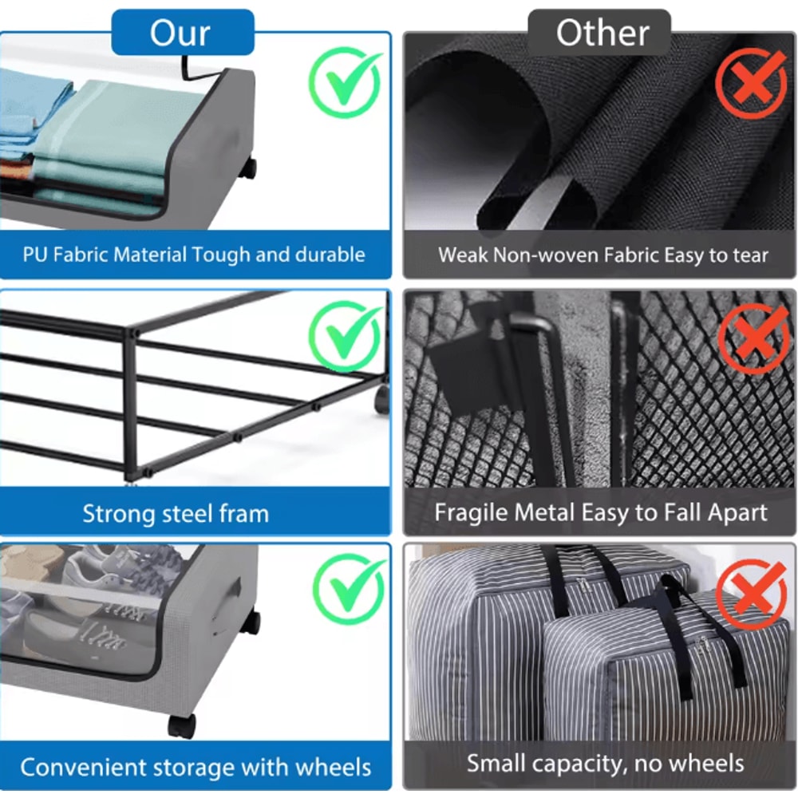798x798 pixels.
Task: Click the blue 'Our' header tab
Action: click(182, 32)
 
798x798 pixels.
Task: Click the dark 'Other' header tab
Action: click(599, 32)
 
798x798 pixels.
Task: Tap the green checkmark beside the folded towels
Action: click(346, 82)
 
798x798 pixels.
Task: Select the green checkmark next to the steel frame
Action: click(346, 335)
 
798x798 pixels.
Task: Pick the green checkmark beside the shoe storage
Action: click(350, 589)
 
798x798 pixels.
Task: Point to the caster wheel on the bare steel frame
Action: click(382, 400)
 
